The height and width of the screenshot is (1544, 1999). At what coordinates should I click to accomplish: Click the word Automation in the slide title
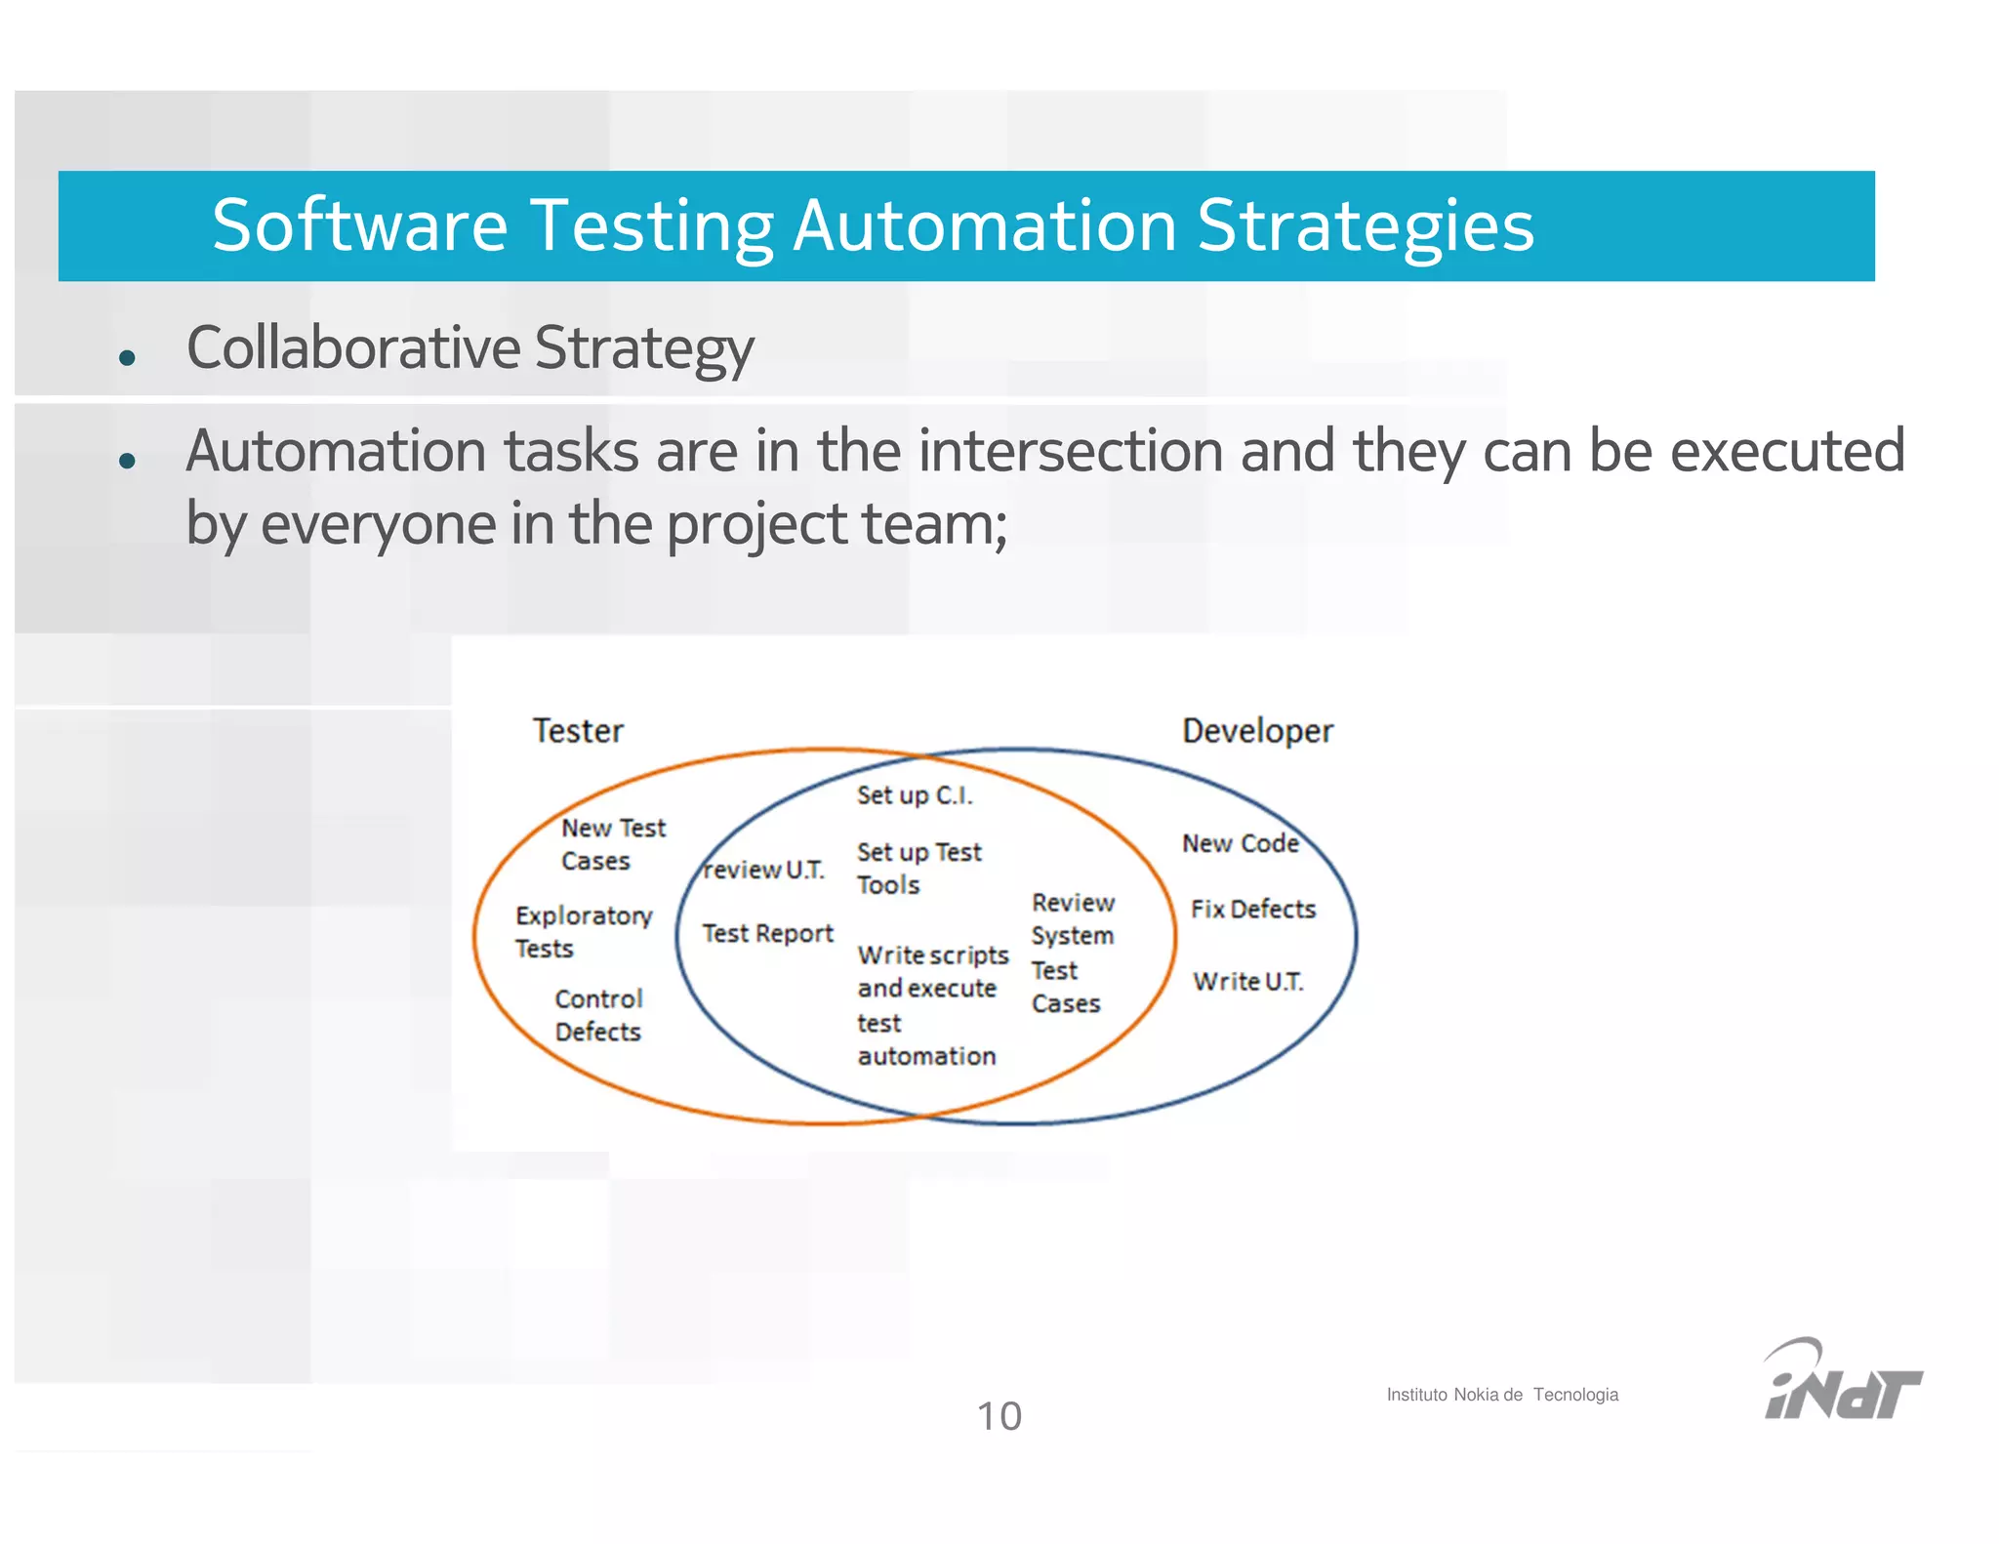(x=984, y=226)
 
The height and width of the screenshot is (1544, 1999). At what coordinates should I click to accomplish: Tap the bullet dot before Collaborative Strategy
(x=126, y=357)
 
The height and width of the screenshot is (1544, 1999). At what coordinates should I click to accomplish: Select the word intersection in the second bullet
(x=1071, y=451)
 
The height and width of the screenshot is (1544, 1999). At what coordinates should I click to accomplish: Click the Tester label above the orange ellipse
(x=578, y=731)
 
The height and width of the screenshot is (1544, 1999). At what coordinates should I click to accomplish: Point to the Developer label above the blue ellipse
(x=1257, y=731)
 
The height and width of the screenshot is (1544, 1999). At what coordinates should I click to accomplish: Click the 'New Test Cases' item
(x=612, y=844)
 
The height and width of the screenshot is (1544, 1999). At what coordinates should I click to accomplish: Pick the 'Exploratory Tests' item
(x=583, y=931)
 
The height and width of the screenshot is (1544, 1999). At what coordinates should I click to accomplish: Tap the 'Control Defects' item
(x=598, y=1015)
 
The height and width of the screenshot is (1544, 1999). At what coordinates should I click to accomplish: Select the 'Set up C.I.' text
(x=915, y=795)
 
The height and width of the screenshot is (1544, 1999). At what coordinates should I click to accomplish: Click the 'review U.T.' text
(x=763, y=870)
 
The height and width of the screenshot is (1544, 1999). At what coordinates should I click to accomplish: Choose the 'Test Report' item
(x=767, y=934)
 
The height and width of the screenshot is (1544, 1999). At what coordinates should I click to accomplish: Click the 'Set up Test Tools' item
(x=918, y=868)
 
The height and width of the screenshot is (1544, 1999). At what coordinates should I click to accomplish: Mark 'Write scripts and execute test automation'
(x=931, y=1005)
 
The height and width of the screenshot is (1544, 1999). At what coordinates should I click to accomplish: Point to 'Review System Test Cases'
(x=1072, y=953)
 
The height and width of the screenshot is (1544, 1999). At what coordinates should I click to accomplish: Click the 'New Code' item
(x=1240, y=843)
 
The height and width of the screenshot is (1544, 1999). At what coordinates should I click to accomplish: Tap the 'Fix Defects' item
(x=1252, y=910)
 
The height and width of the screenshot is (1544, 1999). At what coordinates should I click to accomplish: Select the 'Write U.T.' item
(x=1247, y=982)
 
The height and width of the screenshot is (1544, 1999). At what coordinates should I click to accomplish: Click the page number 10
(x=999, y=1416)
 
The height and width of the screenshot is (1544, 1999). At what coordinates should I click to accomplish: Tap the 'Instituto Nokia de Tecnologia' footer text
(x=1501, y=1395)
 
